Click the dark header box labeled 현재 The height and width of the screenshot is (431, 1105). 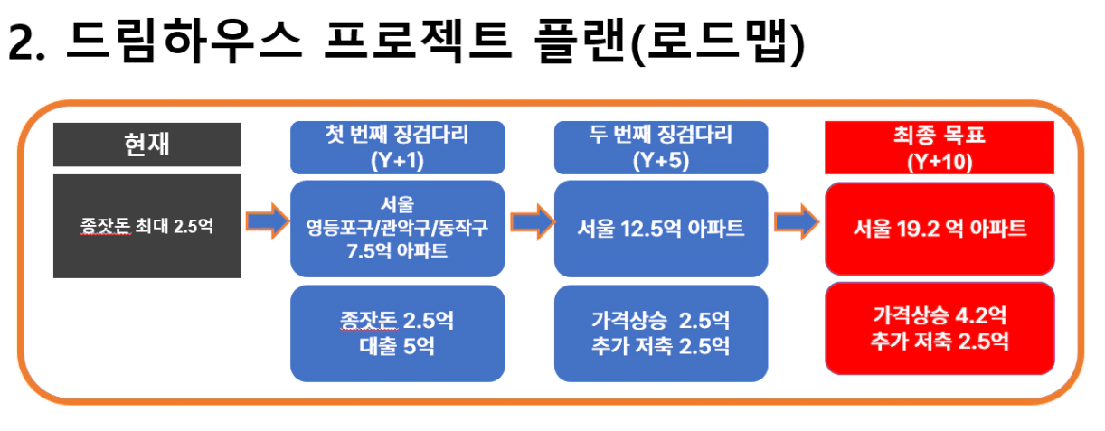coord(146,145)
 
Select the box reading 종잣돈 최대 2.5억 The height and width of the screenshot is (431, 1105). coord(146,227)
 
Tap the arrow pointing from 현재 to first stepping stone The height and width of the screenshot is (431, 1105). coord(268,221)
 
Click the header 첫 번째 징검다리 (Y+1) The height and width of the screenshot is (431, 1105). coord(398,147)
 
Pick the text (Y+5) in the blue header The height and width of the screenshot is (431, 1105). coord(661,161)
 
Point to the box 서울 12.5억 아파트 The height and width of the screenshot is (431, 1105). coord(661,229)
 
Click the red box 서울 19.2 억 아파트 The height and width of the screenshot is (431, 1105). coord(940,229)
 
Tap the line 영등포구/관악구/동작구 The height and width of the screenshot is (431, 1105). coord(397,228)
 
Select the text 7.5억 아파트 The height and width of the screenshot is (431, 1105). coord(397,250)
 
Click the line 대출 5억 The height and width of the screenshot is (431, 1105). coord(397,346)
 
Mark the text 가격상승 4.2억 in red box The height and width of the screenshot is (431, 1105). coord(940,315)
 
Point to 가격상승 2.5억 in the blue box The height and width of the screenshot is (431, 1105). coord(661,321)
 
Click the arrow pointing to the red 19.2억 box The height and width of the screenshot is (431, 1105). coord(797,221)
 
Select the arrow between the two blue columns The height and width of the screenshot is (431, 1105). coord(533,221)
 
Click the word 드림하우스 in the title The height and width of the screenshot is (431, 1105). coord(184,41)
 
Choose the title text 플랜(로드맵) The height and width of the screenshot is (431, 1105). coord(669,42)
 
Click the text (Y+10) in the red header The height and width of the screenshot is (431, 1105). coord(940,163)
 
